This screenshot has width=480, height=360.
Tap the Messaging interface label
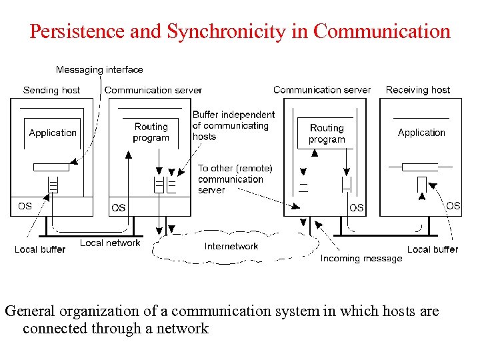coord(99,69)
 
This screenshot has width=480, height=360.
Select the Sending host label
coord(51,90)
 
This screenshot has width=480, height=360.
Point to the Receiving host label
coord(418,90)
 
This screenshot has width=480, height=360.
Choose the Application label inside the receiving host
coord(421,133)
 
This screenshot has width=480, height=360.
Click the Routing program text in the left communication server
coord(151,132)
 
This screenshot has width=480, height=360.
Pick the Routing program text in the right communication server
coord(327,133)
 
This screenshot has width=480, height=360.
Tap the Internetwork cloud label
coord(231,247)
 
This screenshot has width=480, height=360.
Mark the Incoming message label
coord(361,258)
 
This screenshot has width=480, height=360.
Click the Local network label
coord(110,243)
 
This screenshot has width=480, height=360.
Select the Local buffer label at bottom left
coord(40,249)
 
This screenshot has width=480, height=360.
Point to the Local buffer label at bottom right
coord(433,249)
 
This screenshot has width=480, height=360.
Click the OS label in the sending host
coord(25,206)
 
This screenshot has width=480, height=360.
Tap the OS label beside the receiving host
coord(453,205)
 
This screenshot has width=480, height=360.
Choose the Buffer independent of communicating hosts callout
coord(233,125)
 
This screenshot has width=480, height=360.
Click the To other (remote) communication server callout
coord(235,179)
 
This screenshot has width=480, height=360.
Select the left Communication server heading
coord(153,90)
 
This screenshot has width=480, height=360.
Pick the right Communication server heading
coord(322,90)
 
